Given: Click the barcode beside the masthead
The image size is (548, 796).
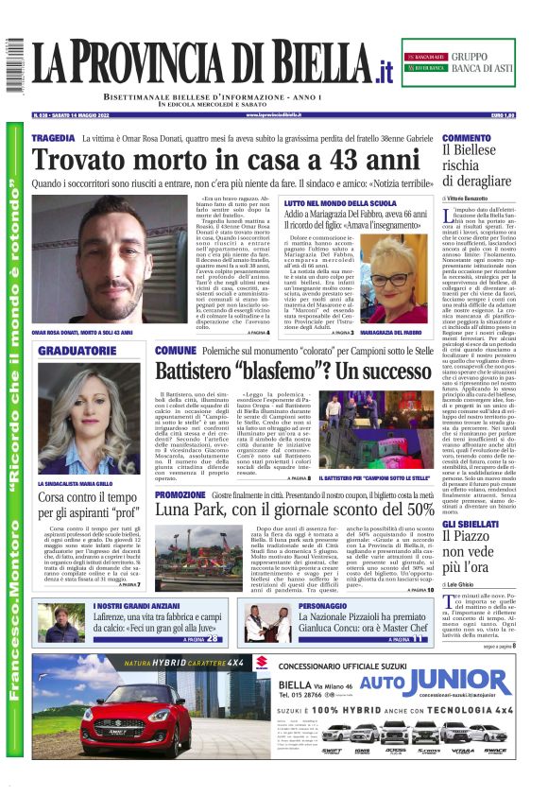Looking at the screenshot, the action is (14, 65).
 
